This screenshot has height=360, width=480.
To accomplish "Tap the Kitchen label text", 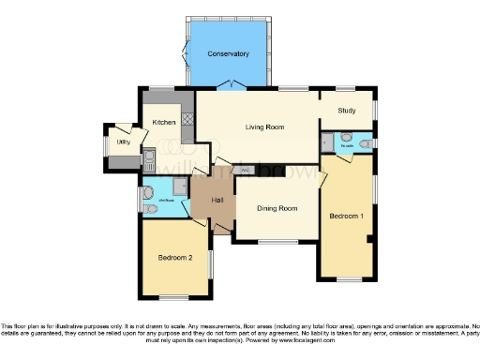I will point(165,123).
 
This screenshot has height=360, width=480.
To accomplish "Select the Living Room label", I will point(265,127).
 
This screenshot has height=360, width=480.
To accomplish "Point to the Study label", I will point(347,111).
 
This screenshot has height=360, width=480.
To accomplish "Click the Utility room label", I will point(122,142).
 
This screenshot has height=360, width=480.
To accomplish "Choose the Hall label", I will point(216,200).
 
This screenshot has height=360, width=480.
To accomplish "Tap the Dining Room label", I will point(277,208).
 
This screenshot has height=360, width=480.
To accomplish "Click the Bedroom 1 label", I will point(346,216).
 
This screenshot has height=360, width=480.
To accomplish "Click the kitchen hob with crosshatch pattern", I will point(187,120).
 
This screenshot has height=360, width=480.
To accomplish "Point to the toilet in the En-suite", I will point(365,142).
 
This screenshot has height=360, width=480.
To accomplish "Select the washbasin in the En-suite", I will point(324,142).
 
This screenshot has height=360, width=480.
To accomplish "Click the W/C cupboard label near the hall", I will point(245,170).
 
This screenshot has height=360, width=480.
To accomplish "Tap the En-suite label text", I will point(347,146).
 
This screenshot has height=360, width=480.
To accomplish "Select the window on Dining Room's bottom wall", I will point(276,243).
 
